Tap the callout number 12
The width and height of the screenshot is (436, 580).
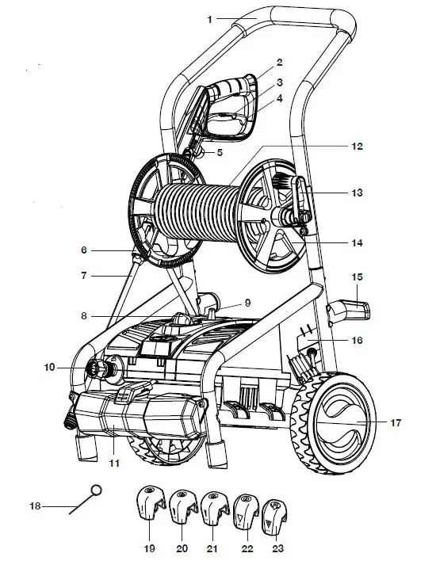point(357,147)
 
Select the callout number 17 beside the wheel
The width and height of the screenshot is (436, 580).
point(396,423)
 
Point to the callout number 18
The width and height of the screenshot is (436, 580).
point(34,506)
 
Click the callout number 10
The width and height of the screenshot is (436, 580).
point(49,367)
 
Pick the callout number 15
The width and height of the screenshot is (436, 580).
point(358,277)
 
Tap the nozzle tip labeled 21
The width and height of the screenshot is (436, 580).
point(215,506)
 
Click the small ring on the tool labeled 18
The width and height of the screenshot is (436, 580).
point(97,490)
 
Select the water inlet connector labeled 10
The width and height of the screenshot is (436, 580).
point(98,367)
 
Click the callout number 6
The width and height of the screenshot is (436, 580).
point(83,250)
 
